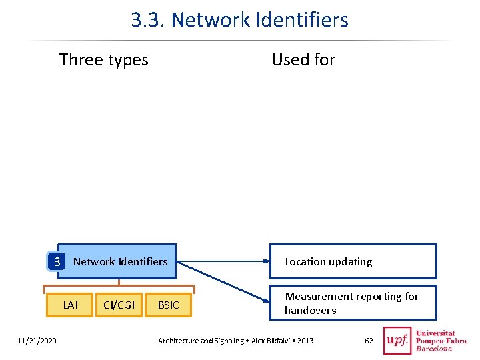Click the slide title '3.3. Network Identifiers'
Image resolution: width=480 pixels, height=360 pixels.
click(x=240, y=19)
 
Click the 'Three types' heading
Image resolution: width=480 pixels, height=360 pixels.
click(x=104, y=60)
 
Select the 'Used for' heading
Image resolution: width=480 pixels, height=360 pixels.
click(x=303, y=59)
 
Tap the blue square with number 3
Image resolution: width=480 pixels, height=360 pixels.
click(x=57, y=262)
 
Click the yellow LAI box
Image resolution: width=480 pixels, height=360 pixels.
click(x=70, y=305)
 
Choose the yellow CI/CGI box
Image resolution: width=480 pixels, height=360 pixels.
click(x=119, y=305)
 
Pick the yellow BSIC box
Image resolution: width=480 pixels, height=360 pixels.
click(x=169, y=305)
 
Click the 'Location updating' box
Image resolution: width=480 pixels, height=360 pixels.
click(x=353, y=261)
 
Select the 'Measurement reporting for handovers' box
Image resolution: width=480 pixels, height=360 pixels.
click(x=353, y=303)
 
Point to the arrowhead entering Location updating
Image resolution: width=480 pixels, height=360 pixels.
click(x=266, y=261)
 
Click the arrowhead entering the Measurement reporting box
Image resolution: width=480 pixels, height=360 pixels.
click(x=266, y=300)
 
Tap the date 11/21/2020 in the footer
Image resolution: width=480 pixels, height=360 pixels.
click(x=37, y=341)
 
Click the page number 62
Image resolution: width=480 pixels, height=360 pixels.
click(x=369, y=341)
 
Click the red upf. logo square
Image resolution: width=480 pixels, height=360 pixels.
click(x=397, y=341)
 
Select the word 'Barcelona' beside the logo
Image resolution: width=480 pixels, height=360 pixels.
click(x=434, y=349)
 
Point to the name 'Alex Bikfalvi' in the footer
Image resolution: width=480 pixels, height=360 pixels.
click(x=270, y=341)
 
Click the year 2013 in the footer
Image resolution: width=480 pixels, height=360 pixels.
click(x=305, y=341)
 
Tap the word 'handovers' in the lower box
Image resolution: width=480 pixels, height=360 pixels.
click(x=311, y=311)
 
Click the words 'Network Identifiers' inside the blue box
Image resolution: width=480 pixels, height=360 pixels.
click(x=121, y=262)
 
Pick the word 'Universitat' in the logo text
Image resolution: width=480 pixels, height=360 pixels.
click(x=435, y=333)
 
